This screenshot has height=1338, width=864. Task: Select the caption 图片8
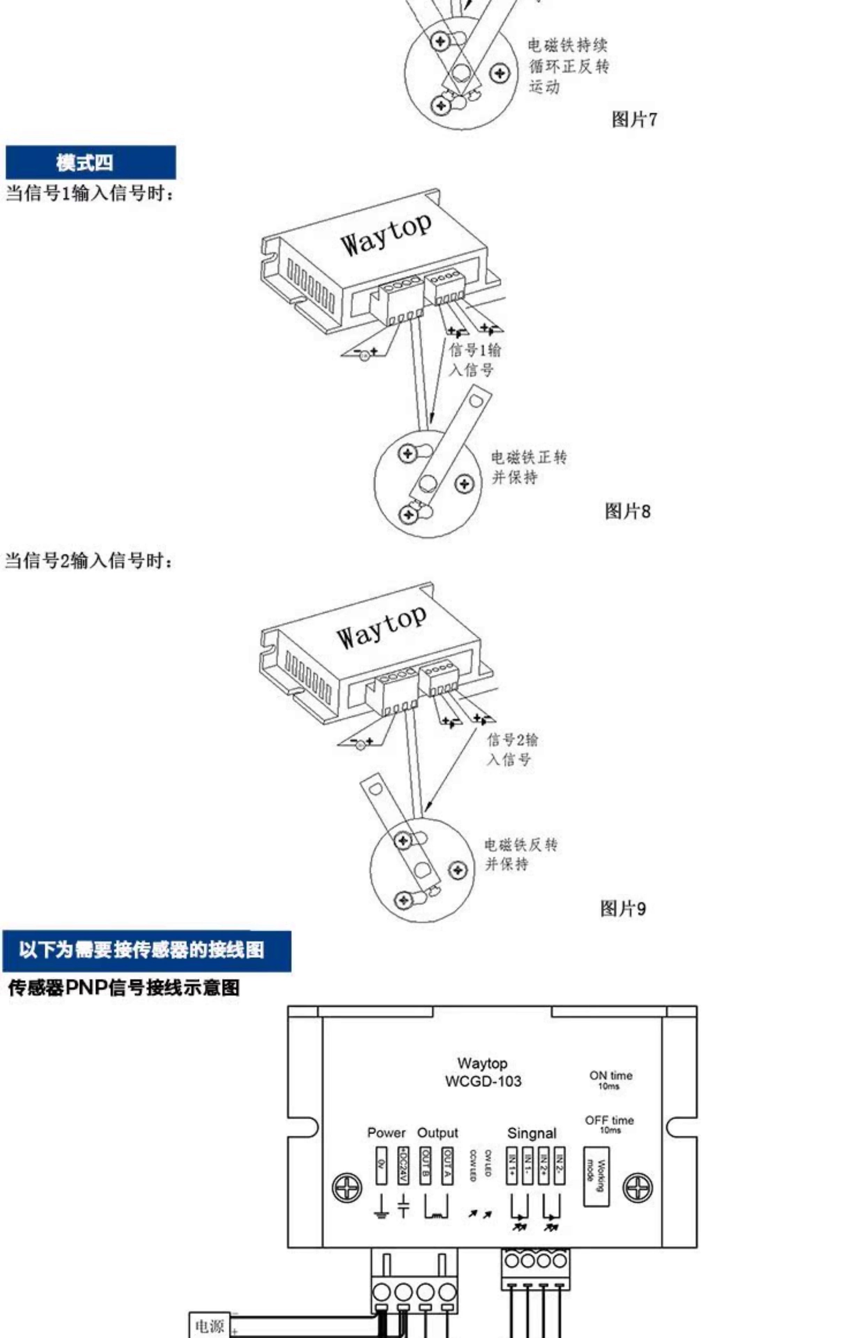click(x=627, y=511)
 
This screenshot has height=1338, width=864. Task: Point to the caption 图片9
click(x=623, y=908)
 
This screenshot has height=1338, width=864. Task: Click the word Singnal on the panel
click(x=531, y=1133)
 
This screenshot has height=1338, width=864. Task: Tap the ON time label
click(x=610, y=1075)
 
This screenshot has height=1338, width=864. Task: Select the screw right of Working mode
click(x=638, y=1188)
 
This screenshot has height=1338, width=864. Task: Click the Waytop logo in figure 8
click(x=386, y=235)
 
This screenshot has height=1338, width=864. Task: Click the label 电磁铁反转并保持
click(x=520, y=854)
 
